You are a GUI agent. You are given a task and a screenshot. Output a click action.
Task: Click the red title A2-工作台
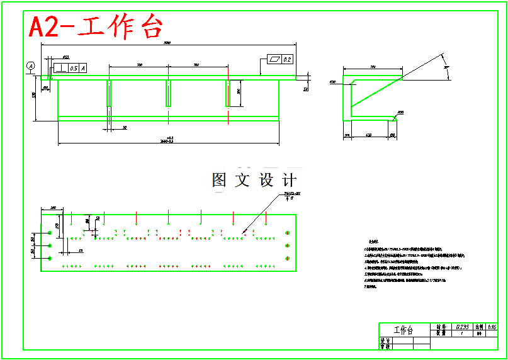[96, 27]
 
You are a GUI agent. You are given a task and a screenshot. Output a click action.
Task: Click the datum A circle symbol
[30, 65]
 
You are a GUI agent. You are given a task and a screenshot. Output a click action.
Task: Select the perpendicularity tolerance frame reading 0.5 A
[69, 67]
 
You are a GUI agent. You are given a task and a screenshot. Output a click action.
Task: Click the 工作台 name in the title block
[404, 330]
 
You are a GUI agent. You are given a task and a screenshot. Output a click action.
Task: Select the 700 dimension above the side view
[373, 66]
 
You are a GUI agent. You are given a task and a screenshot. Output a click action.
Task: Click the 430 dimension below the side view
[369, 135]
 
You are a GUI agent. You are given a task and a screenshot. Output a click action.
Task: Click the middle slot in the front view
[169, 93]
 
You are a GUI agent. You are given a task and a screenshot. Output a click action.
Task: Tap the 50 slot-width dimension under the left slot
[125, 128]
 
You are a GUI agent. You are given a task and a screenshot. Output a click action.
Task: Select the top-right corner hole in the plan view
[287, 218]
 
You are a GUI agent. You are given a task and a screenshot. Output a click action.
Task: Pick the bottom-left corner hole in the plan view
[50, 259]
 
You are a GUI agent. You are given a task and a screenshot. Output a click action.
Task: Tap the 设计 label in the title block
[385, 340]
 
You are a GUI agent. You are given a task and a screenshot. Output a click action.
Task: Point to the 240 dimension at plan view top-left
[53, 207]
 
